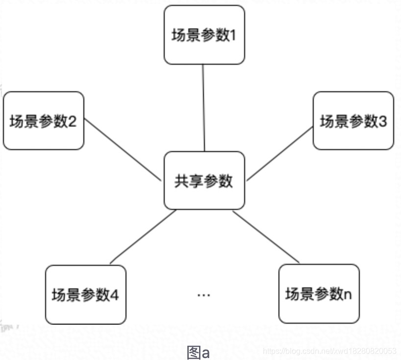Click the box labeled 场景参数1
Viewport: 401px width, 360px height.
click(204, 35)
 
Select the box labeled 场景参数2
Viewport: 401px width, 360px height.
click(43, 121)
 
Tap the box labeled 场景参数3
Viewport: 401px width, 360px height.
click(353, 121)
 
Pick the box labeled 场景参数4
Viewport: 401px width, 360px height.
click(85, 294)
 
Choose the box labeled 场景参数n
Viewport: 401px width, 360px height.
click(319, 294)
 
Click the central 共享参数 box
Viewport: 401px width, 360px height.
click(204, 180)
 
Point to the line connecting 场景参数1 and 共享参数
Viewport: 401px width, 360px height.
click(203, 108)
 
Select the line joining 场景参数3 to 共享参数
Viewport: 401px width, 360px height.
click(279, 153)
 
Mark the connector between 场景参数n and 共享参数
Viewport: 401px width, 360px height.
click(266, 237)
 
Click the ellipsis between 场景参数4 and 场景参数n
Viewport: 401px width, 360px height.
click(203, 295)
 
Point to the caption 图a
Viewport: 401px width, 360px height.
click(198, 352)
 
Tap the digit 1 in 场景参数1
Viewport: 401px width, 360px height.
click(233, 36)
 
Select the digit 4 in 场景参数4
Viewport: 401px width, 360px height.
click(115, 295)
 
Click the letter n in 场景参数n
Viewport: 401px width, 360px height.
click(348, 295)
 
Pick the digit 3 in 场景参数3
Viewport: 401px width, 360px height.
click(382, 121)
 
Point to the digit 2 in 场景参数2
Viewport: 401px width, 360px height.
click(72, 121)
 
